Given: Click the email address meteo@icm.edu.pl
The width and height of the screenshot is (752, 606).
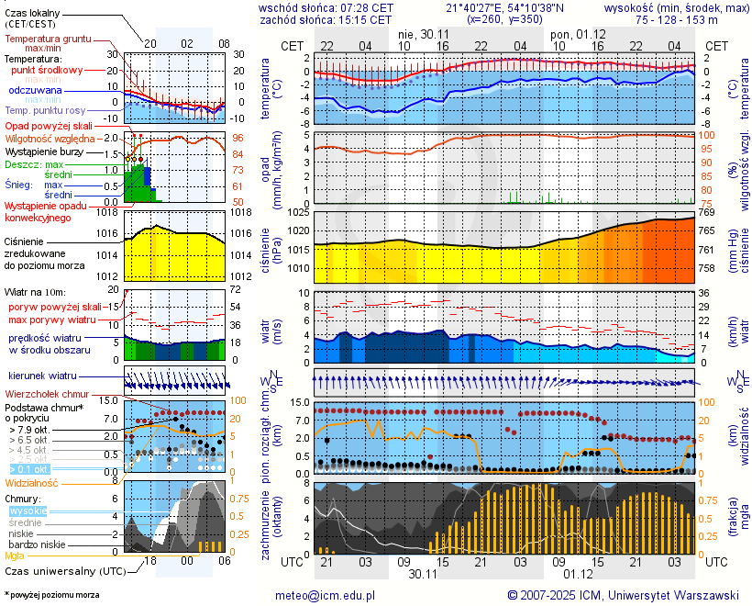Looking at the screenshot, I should [326, 595].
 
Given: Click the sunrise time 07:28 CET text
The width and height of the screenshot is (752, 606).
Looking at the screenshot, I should [366, 6].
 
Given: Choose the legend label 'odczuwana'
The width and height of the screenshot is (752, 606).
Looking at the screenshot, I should [35, 91].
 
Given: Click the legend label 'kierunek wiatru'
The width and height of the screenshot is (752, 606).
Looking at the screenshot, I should [39, 376].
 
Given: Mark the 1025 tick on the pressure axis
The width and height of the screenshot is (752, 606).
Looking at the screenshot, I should [297, 212].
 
